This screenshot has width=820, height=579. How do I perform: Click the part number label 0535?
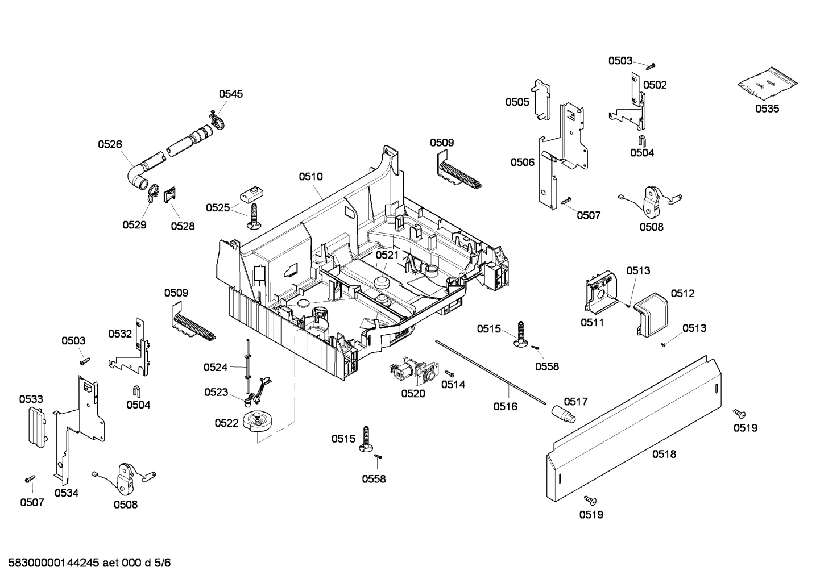(767, 109)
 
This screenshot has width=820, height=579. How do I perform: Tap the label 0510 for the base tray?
(310, 177)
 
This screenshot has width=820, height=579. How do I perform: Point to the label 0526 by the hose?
(110, 145)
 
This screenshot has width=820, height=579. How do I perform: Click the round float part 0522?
(258, 422)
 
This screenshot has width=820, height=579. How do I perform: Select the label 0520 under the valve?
(413, 393)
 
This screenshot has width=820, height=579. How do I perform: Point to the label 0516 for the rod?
(505, 406)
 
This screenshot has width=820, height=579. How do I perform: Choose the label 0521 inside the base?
(387, 255)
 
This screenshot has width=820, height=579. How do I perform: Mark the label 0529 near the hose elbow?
(135, 224)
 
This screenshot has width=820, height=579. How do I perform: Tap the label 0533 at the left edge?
(31, 399)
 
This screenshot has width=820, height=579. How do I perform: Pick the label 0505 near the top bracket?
(517, 102)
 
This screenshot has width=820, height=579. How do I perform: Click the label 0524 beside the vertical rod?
(216, 368)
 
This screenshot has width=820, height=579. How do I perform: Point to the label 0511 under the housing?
(593, 322)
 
